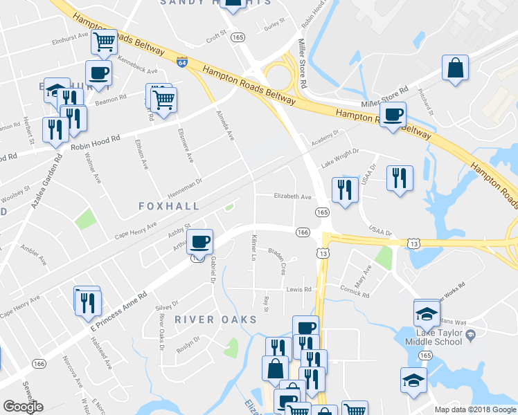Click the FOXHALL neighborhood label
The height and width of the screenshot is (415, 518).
click(169, 206)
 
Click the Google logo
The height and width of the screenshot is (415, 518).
click(23, 407)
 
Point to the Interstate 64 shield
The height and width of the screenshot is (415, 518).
click(181, 62)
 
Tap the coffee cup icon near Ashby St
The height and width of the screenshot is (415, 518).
click(199, 241)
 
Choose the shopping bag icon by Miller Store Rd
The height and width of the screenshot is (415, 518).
click(456, 68)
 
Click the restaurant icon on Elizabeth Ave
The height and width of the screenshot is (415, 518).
click(344, 189)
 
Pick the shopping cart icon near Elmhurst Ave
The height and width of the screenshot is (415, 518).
click(104, 41)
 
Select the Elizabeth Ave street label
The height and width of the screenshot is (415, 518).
click(292, 196)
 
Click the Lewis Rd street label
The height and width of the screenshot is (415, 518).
click(298, 289)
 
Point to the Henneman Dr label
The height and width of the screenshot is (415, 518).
click(185, 183)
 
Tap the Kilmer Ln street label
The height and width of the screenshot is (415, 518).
click(253, 251)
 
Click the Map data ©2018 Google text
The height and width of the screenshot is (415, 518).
click(475, 409)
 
